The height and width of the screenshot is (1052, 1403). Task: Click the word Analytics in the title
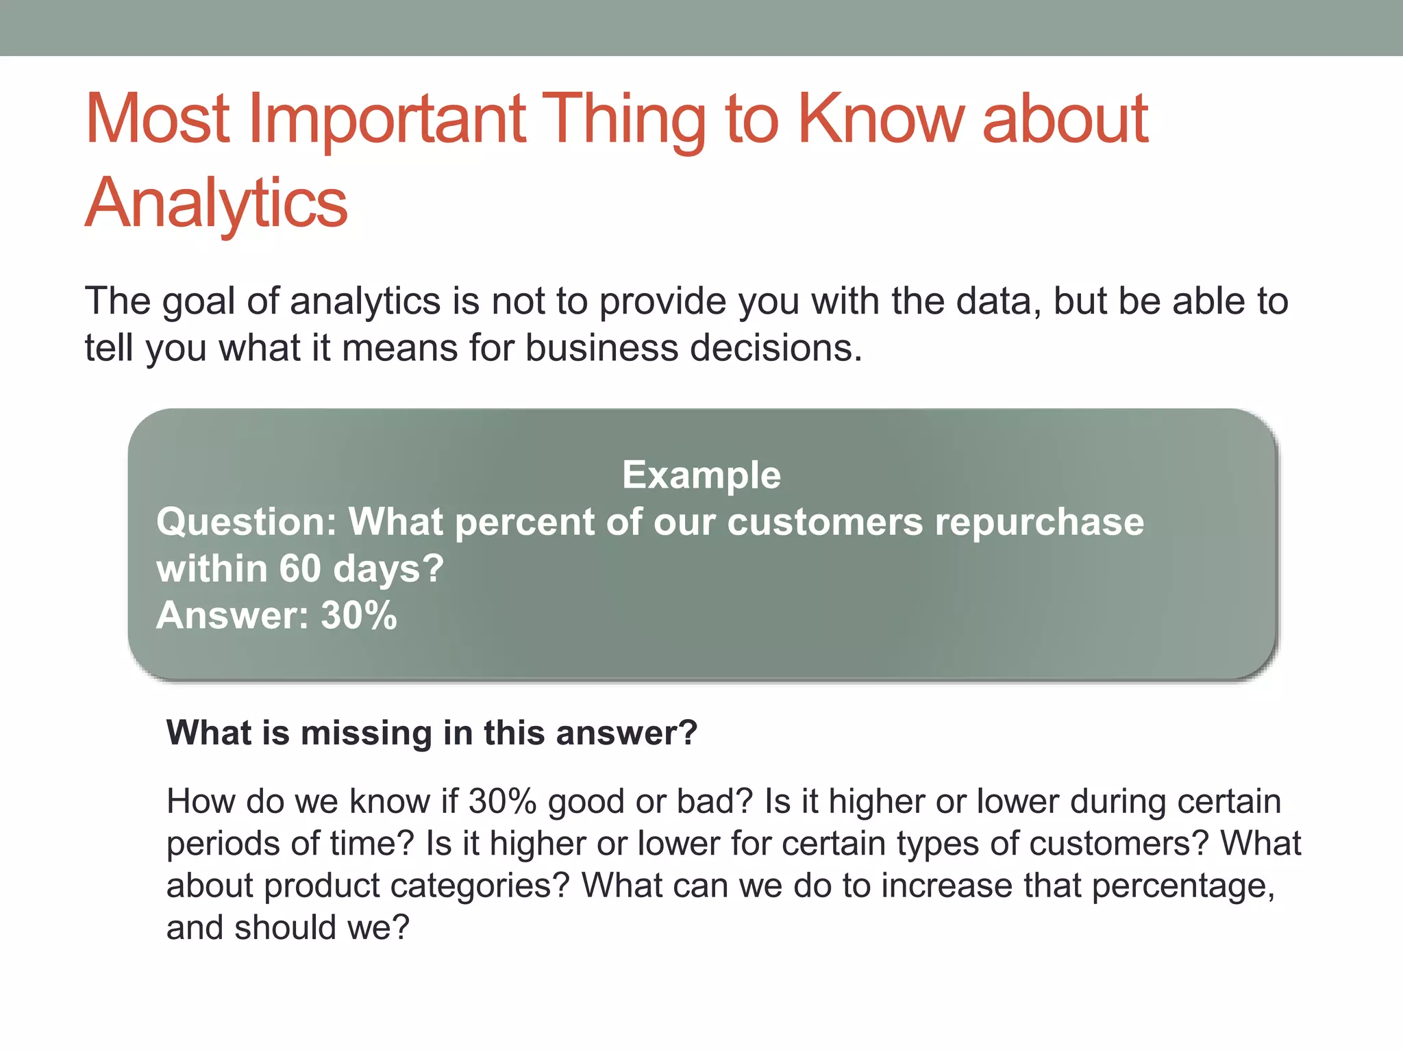[216, 203]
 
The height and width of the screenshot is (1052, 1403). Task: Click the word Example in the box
[701, 475]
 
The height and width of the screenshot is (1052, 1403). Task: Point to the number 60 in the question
[299, 568]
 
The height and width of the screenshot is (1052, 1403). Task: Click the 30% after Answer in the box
[359, 615]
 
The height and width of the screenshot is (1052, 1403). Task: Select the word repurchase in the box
[1039, 522]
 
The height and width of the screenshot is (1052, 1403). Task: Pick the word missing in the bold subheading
[366, 733]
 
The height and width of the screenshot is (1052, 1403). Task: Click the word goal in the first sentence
[198, 301]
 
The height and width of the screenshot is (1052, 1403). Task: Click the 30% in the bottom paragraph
[502, 801]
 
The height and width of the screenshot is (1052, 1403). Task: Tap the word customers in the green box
[825, 522]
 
